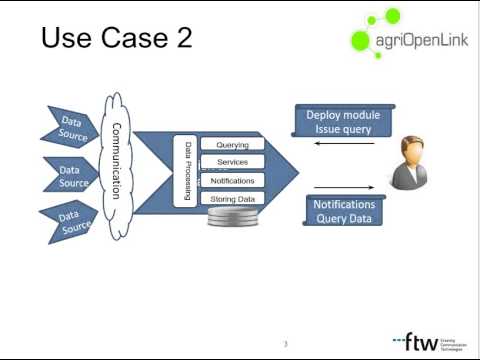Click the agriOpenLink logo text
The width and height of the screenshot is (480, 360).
[410, 40]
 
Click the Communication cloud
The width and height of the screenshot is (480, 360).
[117, 160]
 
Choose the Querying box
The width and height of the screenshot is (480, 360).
[232, 144]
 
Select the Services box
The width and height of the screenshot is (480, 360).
[232, 162]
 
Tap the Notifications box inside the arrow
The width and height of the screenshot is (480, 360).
[232, 181]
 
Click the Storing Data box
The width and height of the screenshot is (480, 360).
[232, 199]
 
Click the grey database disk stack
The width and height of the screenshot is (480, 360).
[231, 219]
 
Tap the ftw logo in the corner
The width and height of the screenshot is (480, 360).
[421, 339]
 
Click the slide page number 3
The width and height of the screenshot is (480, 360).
[285, 344]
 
